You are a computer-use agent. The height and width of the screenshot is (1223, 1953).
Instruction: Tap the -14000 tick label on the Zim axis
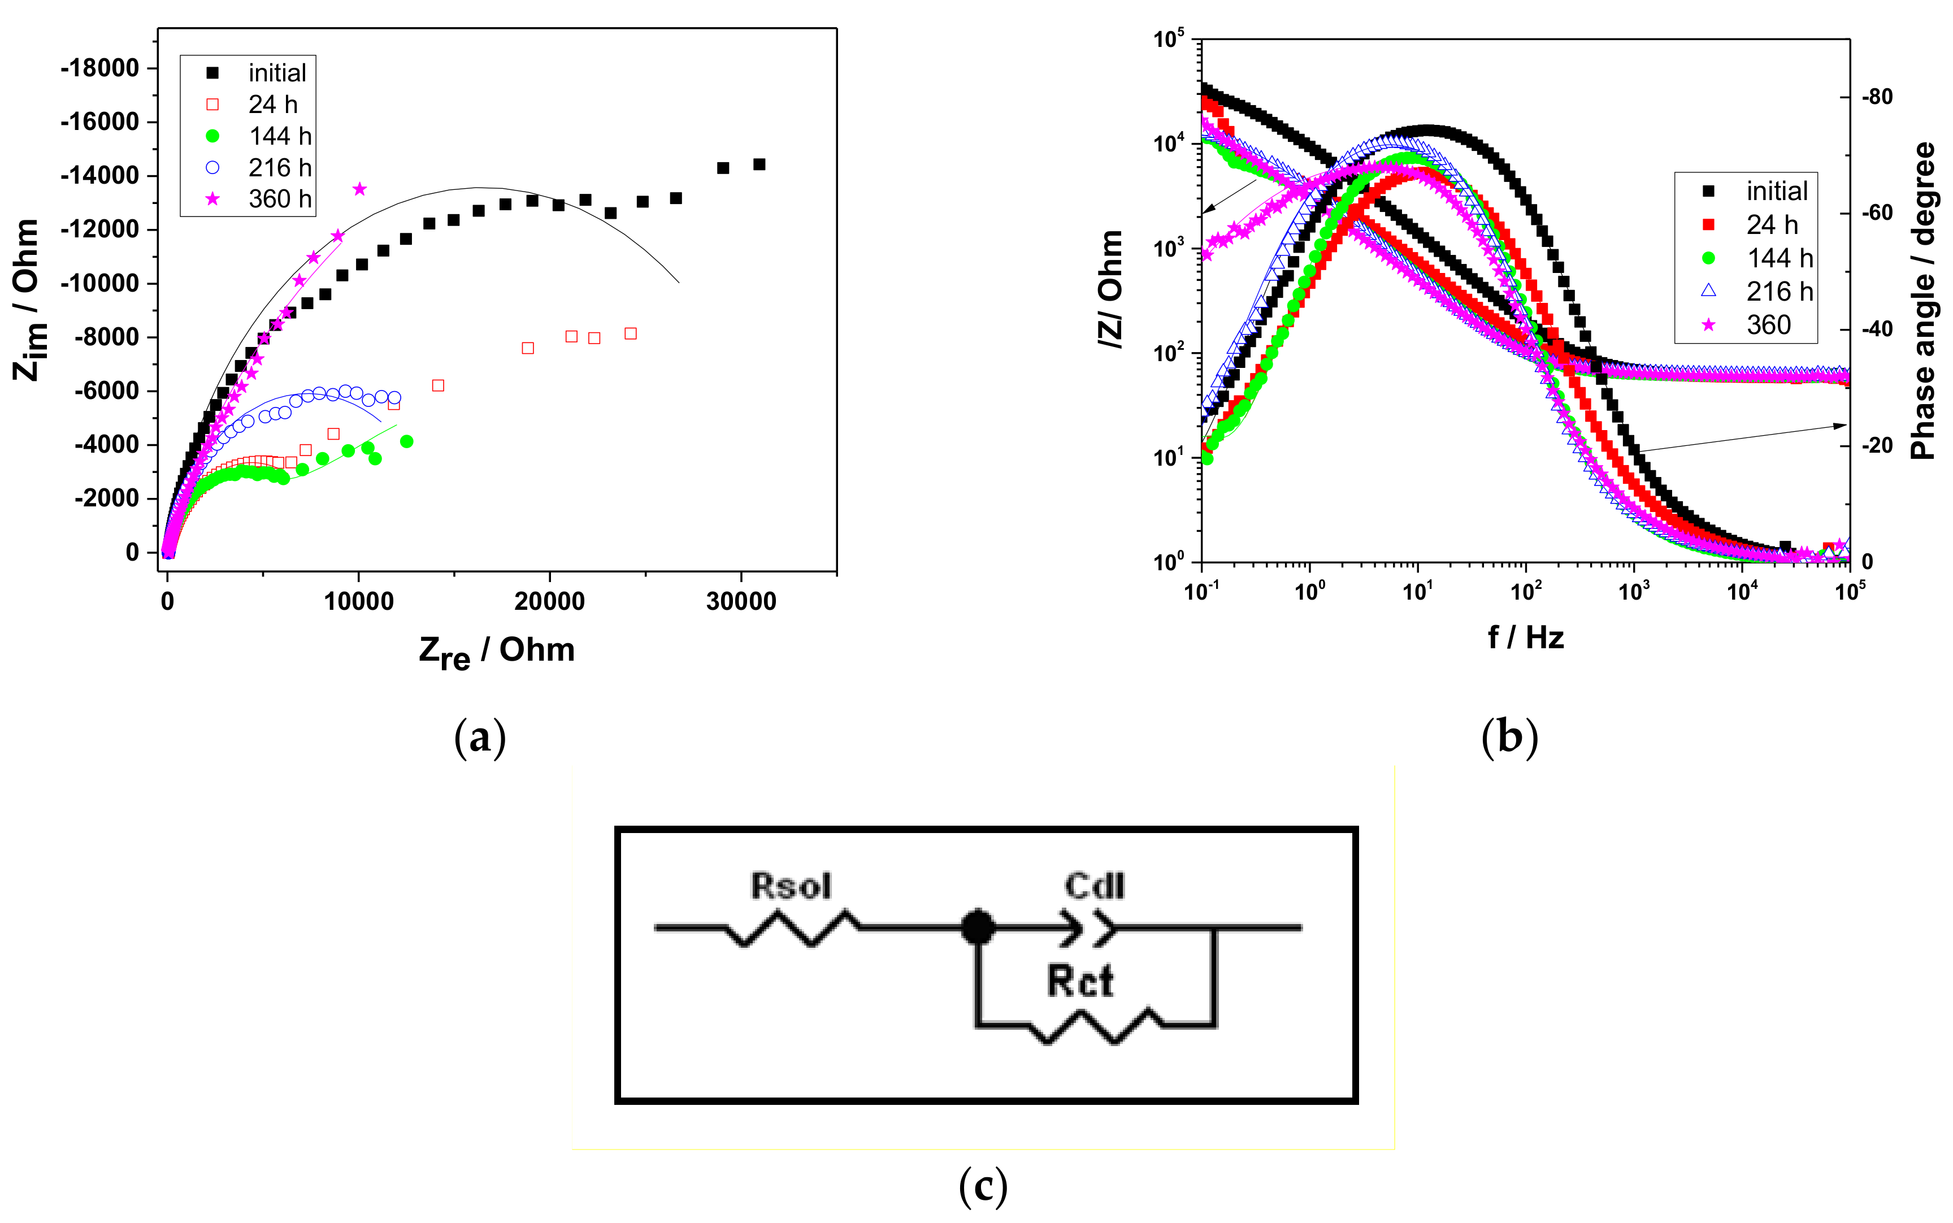click(100, 176)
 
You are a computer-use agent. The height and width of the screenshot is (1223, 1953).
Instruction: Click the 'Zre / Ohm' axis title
click(497, 651)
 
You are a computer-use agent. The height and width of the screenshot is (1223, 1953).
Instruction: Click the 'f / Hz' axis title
click(1525, 638)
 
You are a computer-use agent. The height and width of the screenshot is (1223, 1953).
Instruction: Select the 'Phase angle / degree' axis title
click(1924, 301)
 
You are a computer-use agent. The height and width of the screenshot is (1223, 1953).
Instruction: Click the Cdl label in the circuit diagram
click(1094, 886)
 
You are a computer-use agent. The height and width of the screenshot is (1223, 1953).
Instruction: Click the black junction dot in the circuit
click(978, 927)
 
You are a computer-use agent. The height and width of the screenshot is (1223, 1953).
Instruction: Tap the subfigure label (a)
click(480, 738)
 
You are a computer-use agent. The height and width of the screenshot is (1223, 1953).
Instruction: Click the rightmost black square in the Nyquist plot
click(758, 164)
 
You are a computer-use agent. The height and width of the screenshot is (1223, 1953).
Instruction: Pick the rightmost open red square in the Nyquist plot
click(631, 333)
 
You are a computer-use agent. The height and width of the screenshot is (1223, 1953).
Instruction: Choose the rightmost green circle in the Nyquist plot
click(407, 441)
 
